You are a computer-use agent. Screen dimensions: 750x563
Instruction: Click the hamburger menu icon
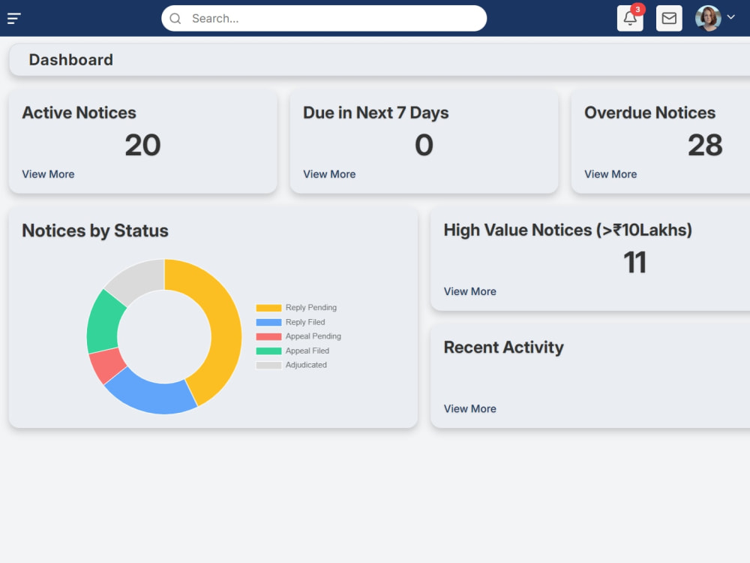click(13, 19)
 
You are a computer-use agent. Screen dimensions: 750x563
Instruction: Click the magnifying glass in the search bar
click(175, 19)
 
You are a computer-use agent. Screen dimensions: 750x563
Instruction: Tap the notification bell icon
click(630, 19)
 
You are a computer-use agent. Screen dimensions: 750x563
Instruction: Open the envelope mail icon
click(669, 19)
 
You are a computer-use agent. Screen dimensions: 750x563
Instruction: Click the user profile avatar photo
click(708, 19)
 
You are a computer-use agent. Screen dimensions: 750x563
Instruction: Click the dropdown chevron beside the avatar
click(730, 17)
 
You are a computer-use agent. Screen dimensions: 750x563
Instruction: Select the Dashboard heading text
click(70, 60)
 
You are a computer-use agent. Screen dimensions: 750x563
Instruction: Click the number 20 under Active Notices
click(142, 145)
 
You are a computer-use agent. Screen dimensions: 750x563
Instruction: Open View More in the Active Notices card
click(48, 174)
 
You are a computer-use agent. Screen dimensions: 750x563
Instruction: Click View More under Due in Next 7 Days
click(329, 174)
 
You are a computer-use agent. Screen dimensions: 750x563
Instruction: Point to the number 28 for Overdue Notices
click(705, 145)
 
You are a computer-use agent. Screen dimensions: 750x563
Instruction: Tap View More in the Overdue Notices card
click(610, 174)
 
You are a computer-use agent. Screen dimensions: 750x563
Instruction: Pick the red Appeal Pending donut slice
click(107, 365)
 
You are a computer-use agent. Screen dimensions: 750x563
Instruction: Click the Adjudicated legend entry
click(292, 365)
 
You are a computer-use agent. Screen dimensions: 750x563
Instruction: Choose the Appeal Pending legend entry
click(298, 336)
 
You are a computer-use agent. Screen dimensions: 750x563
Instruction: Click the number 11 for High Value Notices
click(634, 262)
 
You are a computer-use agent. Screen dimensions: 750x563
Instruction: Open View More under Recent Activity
click(470, 409)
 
